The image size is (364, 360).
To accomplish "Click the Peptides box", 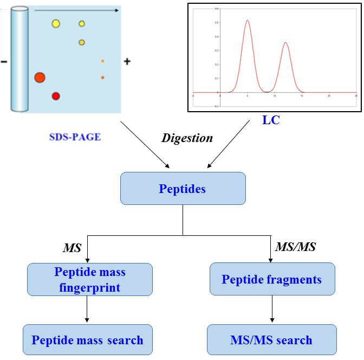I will (x=183, y=189).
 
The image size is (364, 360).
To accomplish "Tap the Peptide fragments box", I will (x=271, y=279).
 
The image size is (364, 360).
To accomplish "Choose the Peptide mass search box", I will (x=87, y=340).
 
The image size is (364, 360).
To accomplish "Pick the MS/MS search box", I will (x=271, y=340).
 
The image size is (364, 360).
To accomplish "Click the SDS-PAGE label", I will (x=75, y=137).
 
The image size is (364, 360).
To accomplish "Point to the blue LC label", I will (x=271, y=120).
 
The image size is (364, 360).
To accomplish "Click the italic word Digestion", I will (x=187, y=138).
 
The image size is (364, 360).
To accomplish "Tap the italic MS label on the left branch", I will (x=72, y=248).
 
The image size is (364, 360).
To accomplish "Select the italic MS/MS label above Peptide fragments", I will (x=295, y=247).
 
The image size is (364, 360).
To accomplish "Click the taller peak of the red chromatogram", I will (x=247, y=22).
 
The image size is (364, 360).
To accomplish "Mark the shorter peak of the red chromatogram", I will (x=285, y=43).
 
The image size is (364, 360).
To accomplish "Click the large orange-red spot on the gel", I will (x=40, y=78).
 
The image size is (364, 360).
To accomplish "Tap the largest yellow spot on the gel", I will (x=56, y=23).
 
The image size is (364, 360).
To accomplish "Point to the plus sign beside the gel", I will (x=127, y=62).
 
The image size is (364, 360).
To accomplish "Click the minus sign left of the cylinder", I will (x=4, y=62).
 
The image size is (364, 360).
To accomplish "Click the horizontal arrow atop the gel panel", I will (x=76, y=10).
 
